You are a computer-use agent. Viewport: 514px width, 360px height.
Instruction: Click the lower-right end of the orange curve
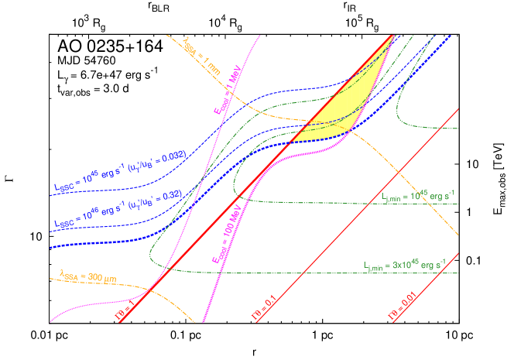click(x=458, y=235)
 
